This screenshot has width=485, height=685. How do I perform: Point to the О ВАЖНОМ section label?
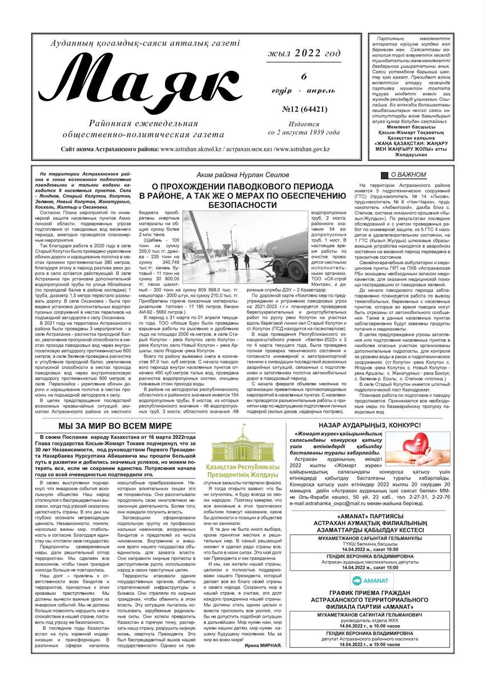click(x=408, y=175)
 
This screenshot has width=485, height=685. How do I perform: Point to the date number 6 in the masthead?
click(x=304, y=77)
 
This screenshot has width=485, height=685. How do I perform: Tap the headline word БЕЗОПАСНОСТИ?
click(x=242, y=204)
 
